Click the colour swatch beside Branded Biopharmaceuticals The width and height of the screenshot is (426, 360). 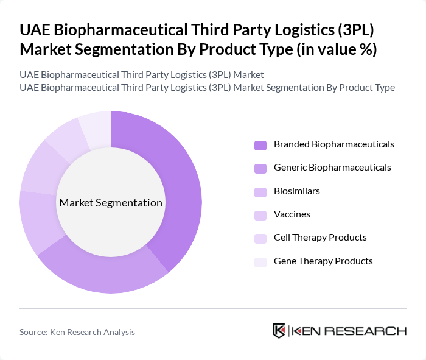260,145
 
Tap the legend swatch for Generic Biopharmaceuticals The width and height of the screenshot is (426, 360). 260,168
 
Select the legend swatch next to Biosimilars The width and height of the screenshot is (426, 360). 260,191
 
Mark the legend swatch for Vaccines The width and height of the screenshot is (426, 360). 260,214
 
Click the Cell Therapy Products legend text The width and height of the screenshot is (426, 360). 320,238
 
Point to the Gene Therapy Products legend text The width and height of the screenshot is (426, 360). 323,261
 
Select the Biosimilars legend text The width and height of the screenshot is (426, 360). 297,191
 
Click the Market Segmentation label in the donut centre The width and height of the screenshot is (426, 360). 111,203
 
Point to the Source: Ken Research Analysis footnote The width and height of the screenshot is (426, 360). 77,332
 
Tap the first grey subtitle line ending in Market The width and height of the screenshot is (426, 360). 142,75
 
